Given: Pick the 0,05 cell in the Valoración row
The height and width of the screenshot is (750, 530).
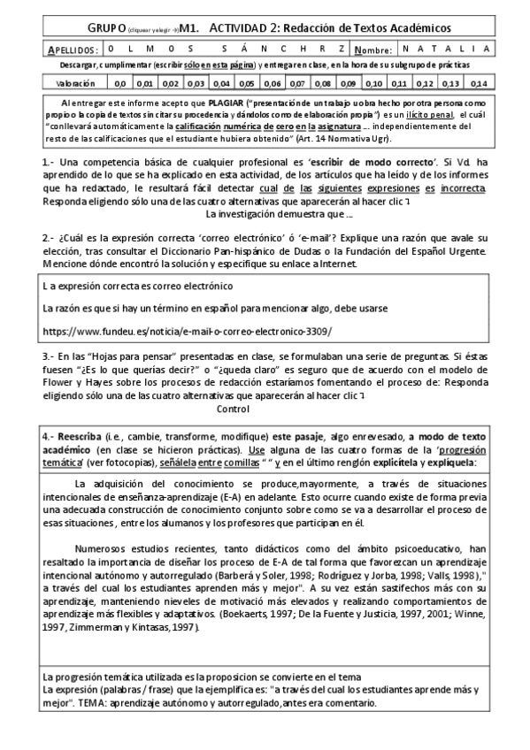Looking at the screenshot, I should coord(247,83).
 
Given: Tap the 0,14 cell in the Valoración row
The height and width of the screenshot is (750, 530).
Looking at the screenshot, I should coord(478,83).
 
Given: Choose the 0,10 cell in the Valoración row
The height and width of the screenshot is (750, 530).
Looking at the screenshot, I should coord(374,83).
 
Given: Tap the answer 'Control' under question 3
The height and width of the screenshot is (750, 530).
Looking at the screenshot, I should coord(234,409).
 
